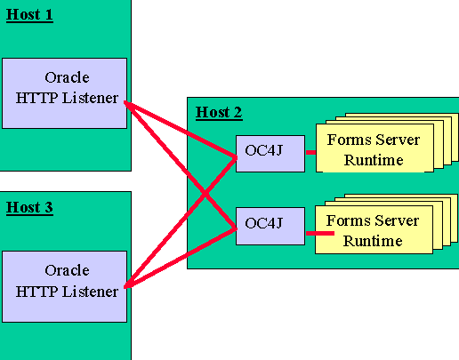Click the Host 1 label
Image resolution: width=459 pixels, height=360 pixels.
(x=29, y=15)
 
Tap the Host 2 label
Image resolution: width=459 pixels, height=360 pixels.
(x=218, y=112)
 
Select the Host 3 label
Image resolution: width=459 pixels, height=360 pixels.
(x=29, y=208)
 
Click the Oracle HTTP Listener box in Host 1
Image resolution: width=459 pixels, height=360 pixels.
(x=67, y=89)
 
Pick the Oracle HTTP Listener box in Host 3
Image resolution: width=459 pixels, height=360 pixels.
(x=67, y=281)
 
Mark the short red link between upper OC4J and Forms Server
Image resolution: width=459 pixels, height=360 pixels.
(x=311, y=152)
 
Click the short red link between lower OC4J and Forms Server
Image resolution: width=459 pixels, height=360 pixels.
(x=318, y=234)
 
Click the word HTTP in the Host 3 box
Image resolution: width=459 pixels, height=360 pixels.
(x=37, y=291)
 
